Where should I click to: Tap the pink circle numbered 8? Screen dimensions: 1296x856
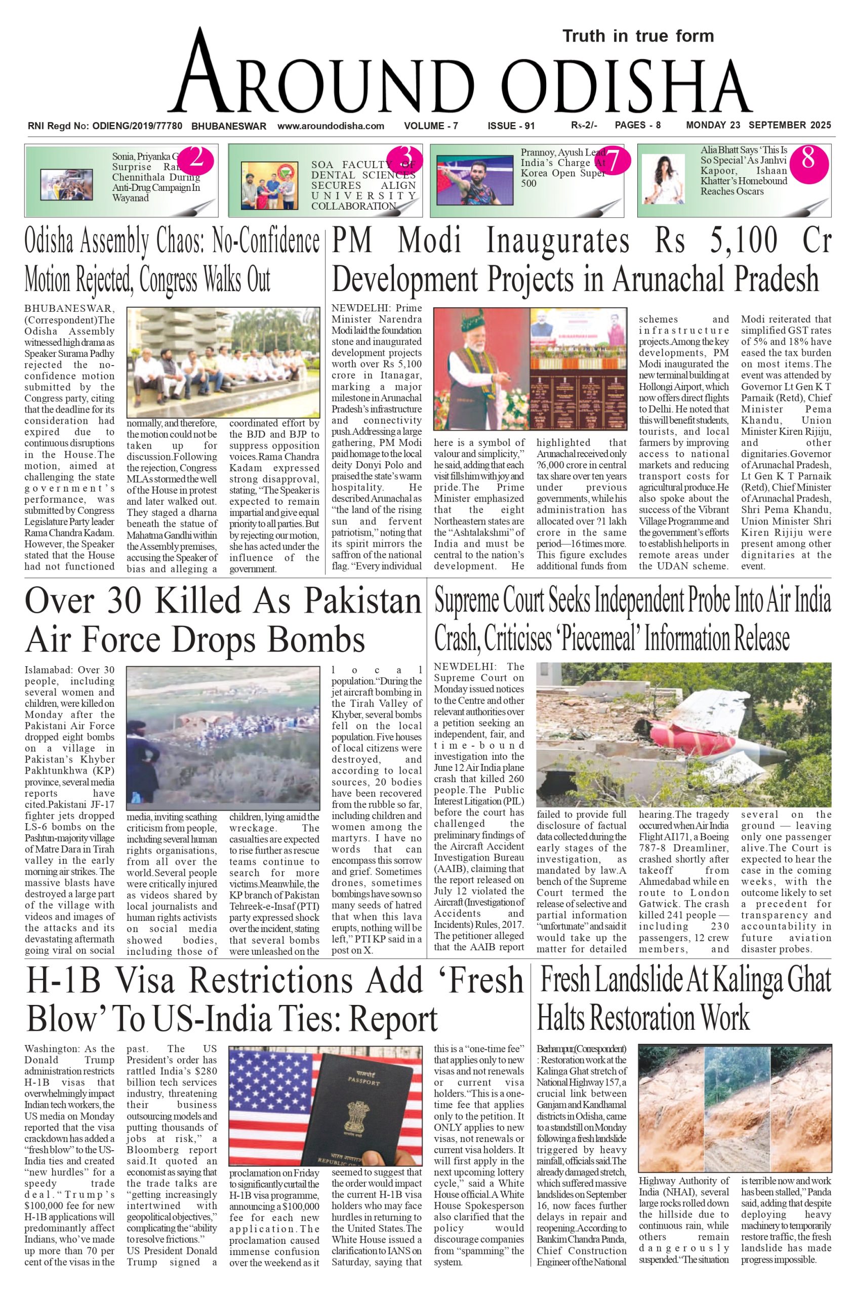tap(808, 159)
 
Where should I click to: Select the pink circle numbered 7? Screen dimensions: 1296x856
tap(612, 160)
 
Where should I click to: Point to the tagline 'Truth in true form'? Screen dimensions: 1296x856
tap(638, 36)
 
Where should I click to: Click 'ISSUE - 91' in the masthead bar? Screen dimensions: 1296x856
tap(511, 126)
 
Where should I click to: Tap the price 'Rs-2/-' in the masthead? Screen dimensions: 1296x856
tap(584, 126)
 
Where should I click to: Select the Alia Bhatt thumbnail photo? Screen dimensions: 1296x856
tap(663, 180)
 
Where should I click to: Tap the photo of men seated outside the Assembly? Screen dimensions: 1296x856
tap(223, 362)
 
